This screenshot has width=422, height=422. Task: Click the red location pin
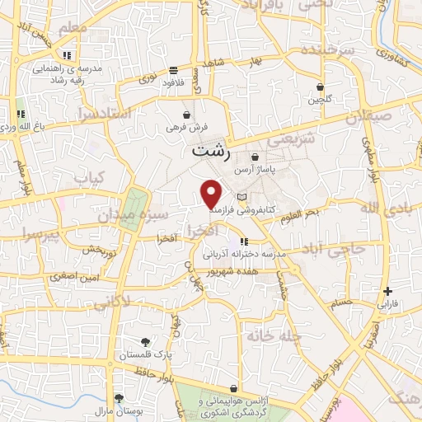pos(212,193)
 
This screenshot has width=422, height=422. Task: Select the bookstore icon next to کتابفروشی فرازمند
pos(241,197)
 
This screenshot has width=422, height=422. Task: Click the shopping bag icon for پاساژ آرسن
pos(256,157)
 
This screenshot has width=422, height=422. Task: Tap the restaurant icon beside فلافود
pos(173,71)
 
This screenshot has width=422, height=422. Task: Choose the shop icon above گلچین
pos(320,87)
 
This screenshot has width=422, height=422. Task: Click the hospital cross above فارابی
pos(387,291)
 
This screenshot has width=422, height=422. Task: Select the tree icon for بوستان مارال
pos(120,397)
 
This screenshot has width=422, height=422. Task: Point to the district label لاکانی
pos(111,302)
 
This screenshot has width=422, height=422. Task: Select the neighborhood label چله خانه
pos(269,336)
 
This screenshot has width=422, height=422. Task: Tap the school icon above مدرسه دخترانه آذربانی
pos(245,241)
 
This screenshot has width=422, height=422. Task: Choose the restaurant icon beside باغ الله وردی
pos(21,114)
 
